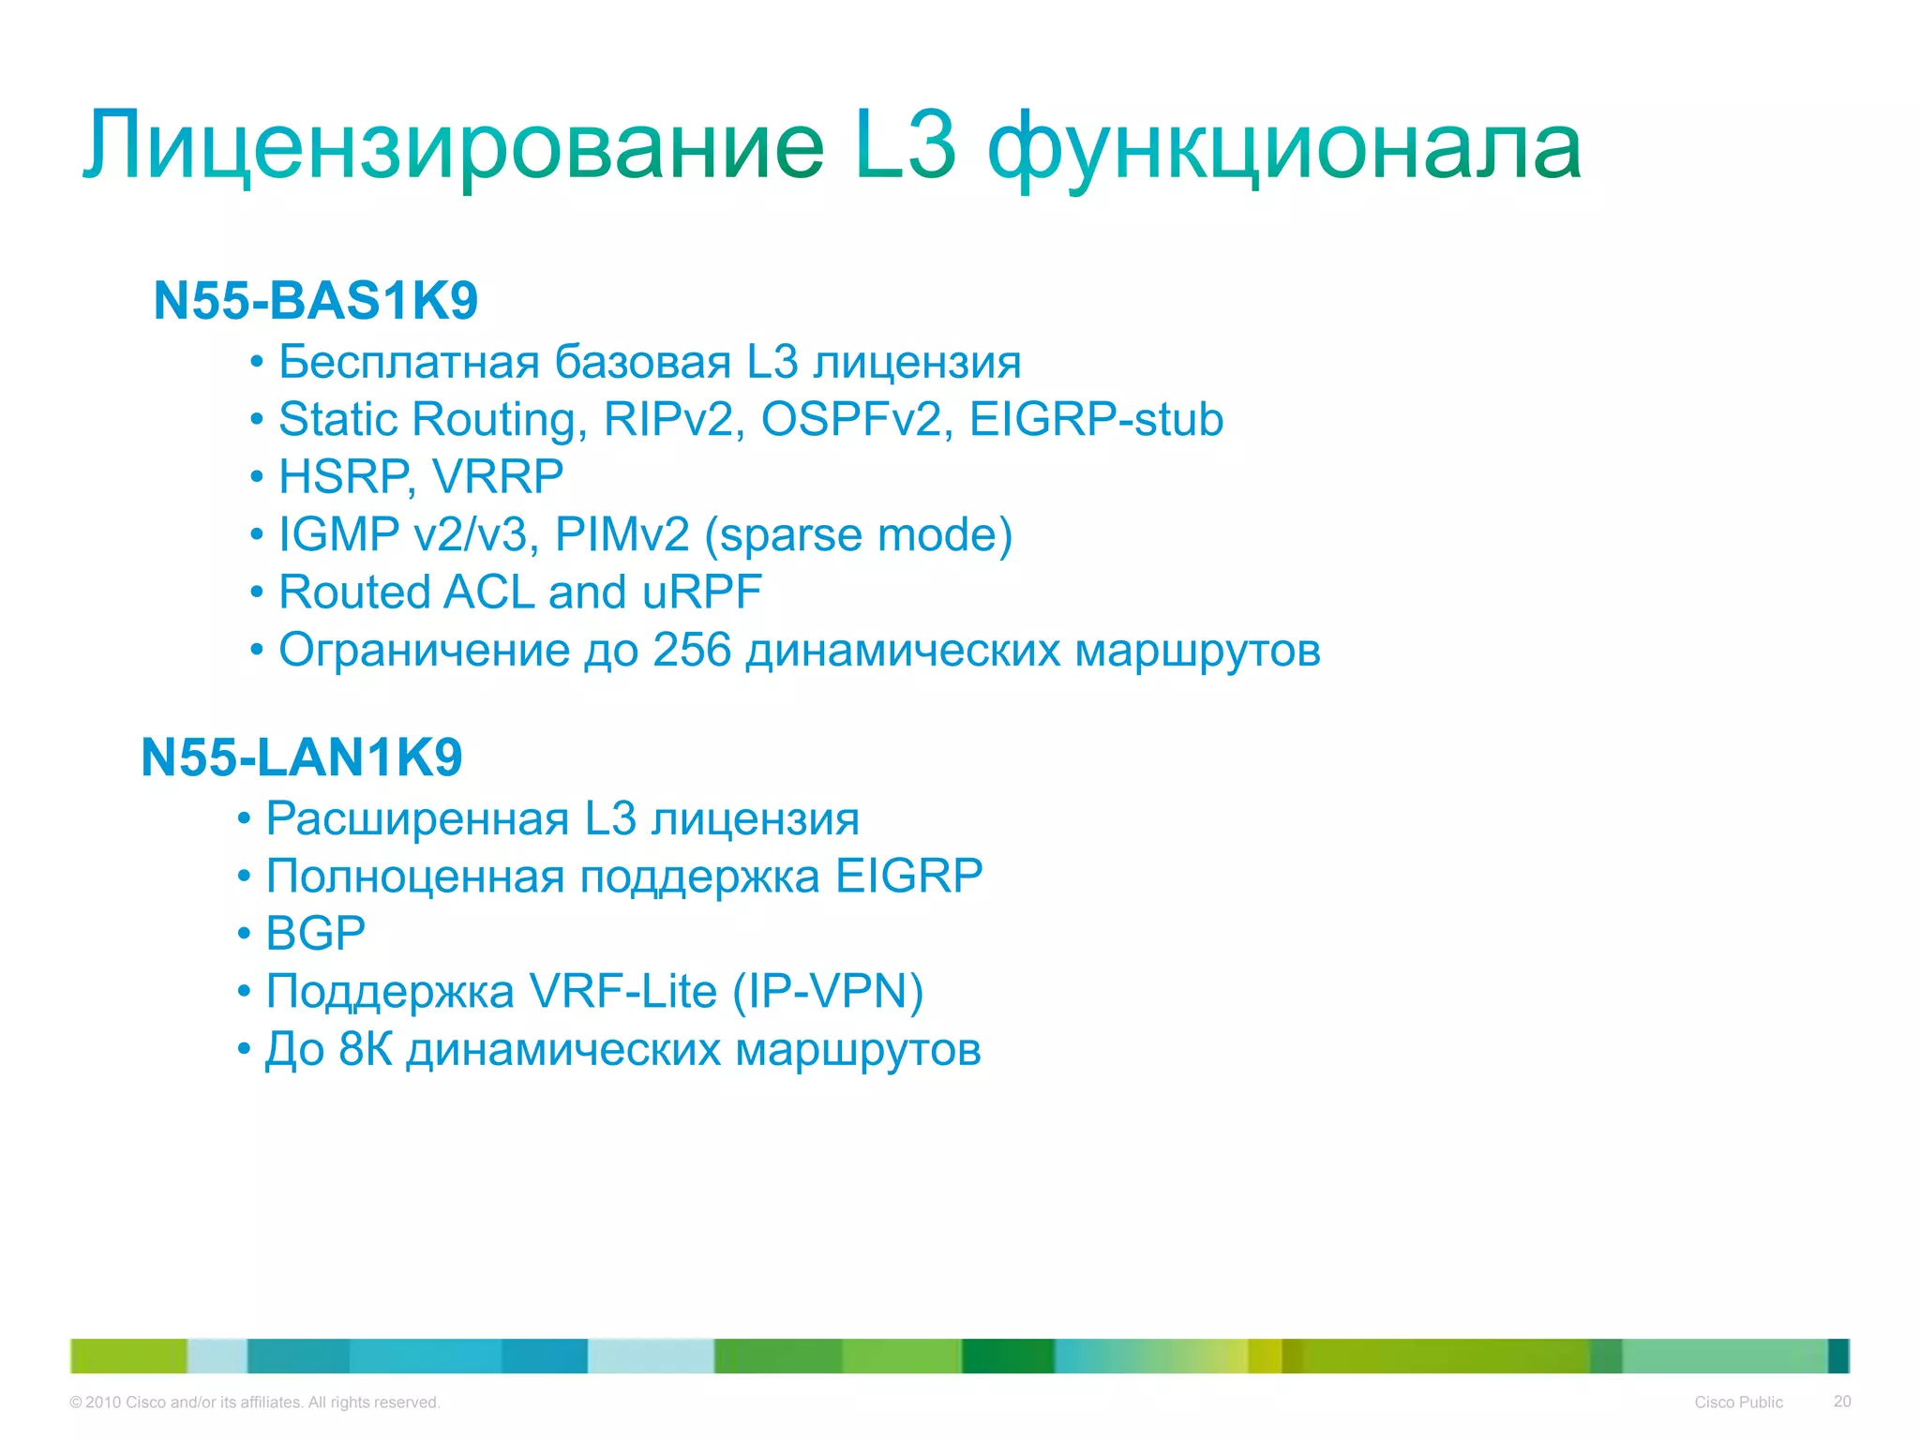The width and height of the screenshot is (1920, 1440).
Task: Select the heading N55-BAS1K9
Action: [316, 301]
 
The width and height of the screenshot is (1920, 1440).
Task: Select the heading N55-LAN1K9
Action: [302, 757]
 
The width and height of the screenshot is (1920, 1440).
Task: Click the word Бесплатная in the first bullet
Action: [411, 362]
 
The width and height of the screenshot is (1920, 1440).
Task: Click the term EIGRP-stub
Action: [1096, 419]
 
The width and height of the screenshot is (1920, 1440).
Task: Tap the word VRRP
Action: [498, 477]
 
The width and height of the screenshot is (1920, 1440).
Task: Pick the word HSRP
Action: [343, 477]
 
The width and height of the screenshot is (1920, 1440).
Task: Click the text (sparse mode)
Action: [858, 535]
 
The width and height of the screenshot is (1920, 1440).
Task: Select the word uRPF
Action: [702, 592]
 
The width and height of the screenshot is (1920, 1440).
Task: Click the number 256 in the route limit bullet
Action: [691, 650]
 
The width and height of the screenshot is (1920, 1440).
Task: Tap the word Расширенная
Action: [417, 818]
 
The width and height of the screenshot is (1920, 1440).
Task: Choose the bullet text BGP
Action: [315, 934]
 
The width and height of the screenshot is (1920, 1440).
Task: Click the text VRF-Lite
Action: [622, 991]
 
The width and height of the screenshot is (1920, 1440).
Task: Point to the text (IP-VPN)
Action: [828, 991]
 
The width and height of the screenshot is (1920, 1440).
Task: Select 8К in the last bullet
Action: [365, 1049]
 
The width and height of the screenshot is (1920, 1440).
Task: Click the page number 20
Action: [1841, 1402]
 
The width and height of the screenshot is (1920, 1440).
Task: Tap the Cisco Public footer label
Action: [1738, 1402]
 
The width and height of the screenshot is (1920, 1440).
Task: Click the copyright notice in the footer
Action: [254, 1402]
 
